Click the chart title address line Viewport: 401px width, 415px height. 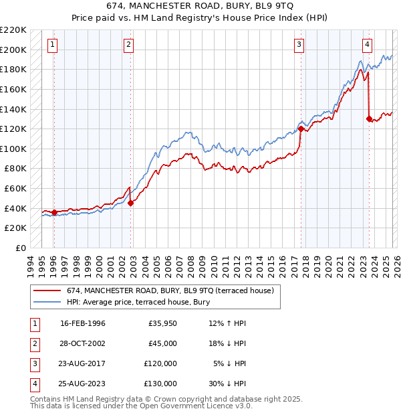(x=200, y=6)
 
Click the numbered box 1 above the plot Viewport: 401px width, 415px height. (x=53, y=45)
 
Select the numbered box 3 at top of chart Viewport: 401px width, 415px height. (x=299, y=45)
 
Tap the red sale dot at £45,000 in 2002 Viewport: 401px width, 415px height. (x=130, y=203)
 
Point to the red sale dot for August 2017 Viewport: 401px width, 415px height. (x=301, y=129)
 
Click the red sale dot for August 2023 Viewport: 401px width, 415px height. (x=369, y=118)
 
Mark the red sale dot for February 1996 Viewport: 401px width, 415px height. (x=53, y=212)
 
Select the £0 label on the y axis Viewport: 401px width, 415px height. (x=21, y=248)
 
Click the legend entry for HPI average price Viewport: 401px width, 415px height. (x=138, y=302)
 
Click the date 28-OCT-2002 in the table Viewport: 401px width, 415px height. (x=83, y=343)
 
